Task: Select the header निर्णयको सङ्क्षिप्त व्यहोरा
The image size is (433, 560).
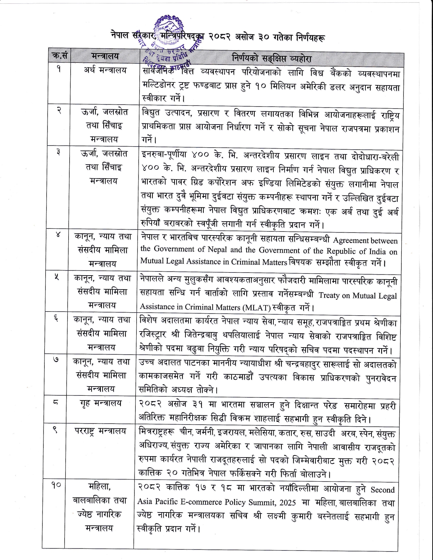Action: point(271,58)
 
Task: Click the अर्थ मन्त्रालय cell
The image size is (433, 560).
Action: point(105,70)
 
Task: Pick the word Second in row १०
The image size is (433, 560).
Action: point(383,490)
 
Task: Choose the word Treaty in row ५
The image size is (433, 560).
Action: point(329,295)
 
